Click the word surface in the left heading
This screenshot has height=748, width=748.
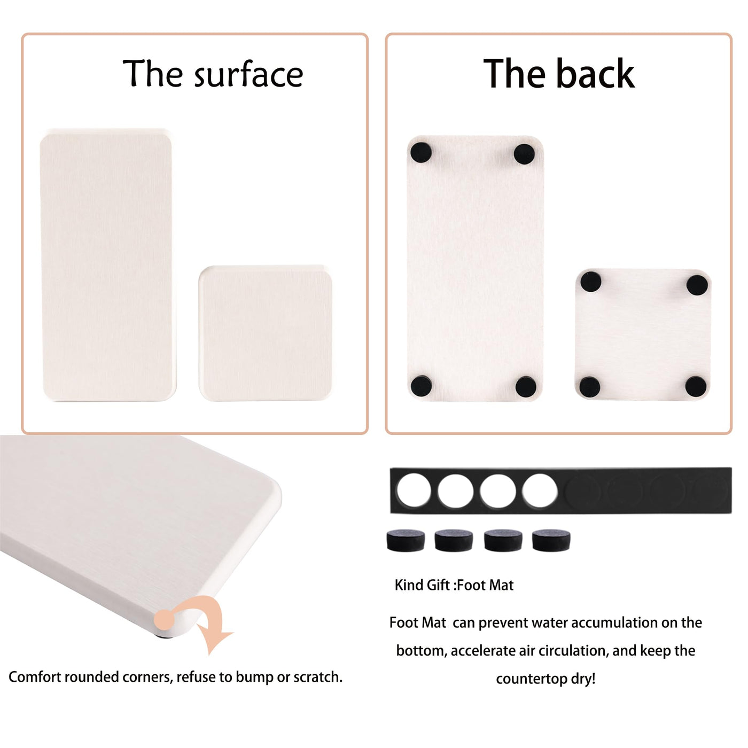pyautogui.click(x=248, y=74)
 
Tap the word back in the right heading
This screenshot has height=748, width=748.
pyautogui.click(x=595, y=73)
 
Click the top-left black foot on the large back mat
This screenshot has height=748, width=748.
pyautogui.click(x=421, y=152)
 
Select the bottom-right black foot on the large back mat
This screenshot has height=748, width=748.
pyautogui.click(x=526, y=386)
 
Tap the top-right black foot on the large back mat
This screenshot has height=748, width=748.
pyautogui.click(x=524, y=154)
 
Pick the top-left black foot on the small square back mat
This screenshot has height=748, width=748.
pyautogui.click(x=591, y=282)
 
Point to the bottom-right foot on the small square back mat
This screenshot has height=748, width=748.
pyautogui.click(x=696, y=387)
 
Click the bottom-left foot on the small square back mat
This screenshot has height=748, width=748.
pyautogui.click(x=590, y=387)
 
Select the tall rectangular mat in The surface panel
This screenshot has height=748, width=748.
pyautogui.click(x=107, y=264)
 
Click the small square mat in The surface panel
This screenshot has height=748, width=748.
pyautogui.click(x=266, y=333)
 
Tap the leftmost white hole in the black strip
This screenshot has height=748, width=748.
pyautogui.click(x=414, y=490)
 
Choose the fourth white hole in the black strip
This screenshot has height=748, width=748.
pyautogui.click(x=540, y=490)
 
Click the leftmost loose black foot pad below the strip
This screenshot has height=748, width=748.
pyautogui.click(x=406, y=540)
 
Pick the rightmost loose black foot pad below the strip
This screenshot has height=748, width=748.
pyautogui.click(x=551, y=540)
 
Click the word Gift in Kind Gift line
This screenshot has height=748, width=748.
pyautogui.click(x=439, y=585)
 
